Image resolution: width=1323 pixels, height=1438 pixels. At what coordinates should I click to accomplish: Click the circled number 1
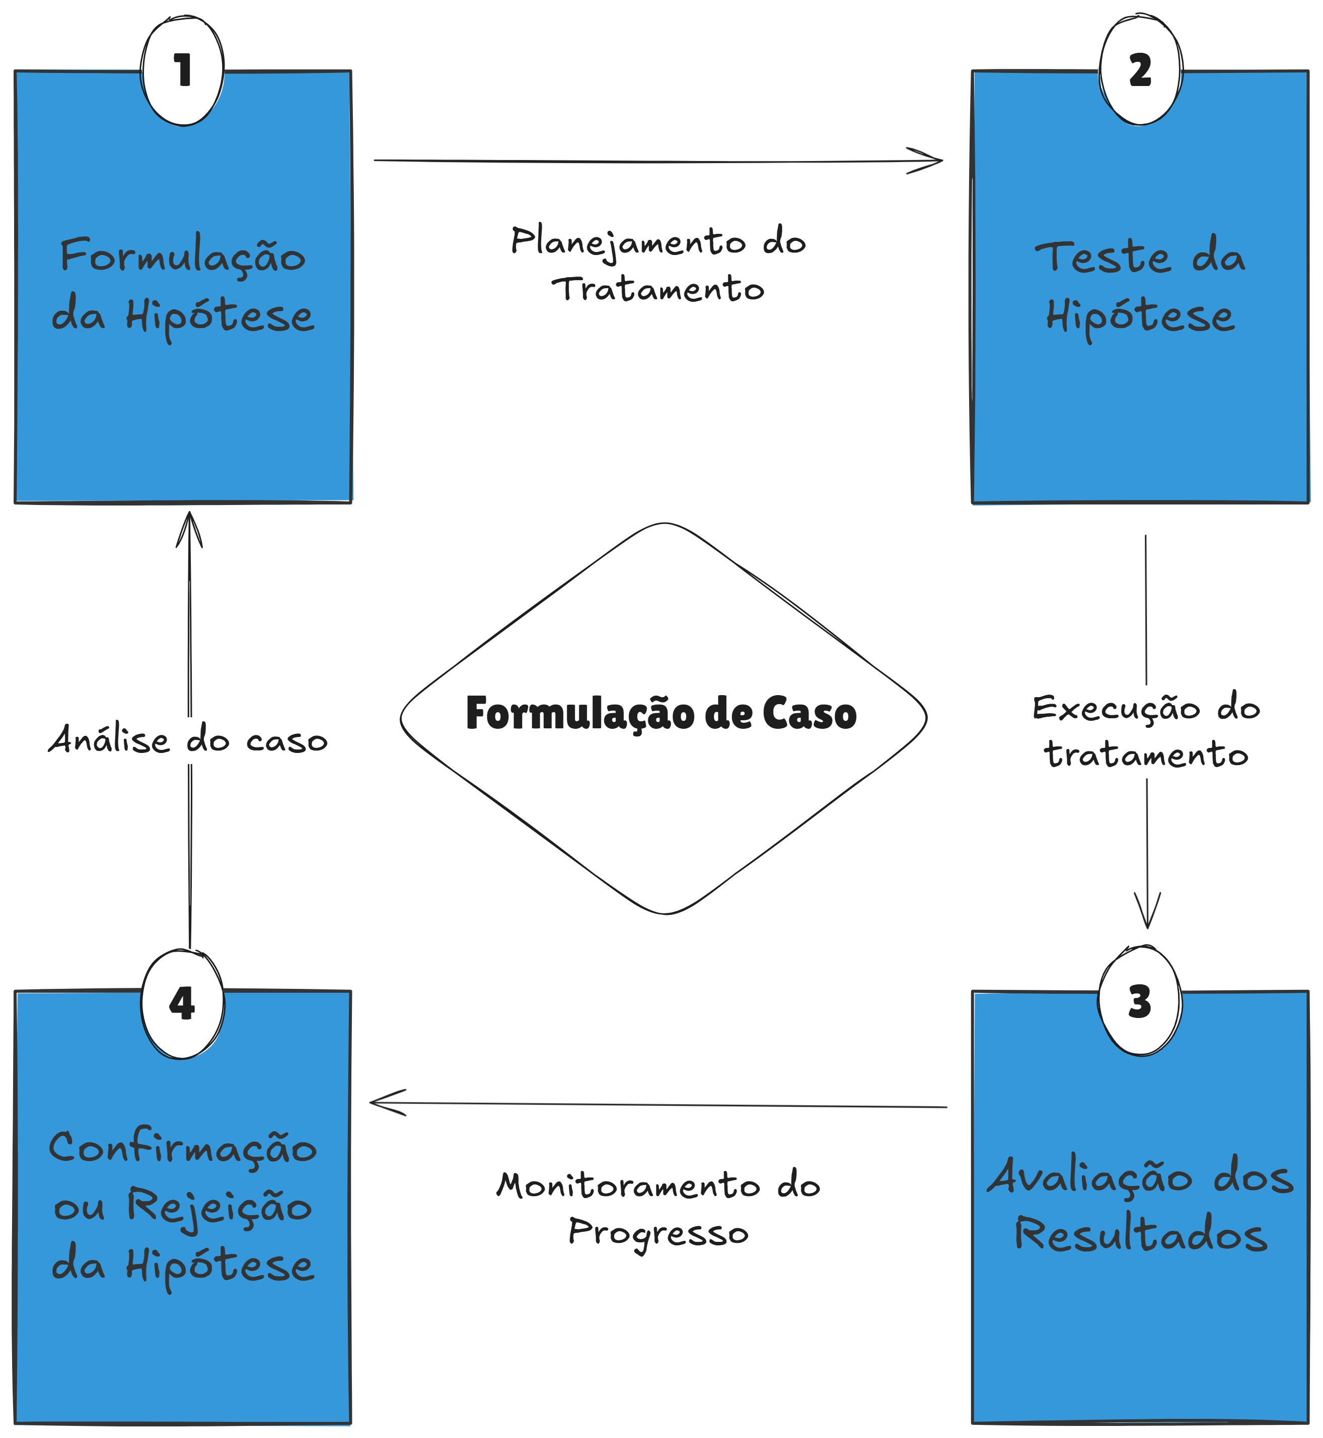[183, 70]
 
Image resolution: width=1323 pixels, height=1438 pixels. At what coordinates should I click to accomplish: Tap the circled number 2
[1140, 70]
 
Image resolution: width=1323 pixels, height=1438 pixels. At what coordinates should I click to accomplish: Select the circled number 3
[1139, 1001]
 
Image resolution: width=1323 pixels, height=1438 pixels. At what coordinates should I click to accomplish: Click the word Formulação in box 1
[183, 256]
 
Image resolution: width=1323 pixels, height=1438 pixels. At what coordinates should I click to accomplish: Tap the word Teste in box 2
[1102, 258]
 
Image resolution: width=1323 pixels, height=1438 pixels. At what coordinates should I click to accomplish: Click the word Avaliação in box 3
[1089, 1177]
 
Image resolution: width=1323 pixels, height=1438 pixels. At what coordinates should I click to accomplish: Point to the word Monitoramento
[628, 1186]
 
